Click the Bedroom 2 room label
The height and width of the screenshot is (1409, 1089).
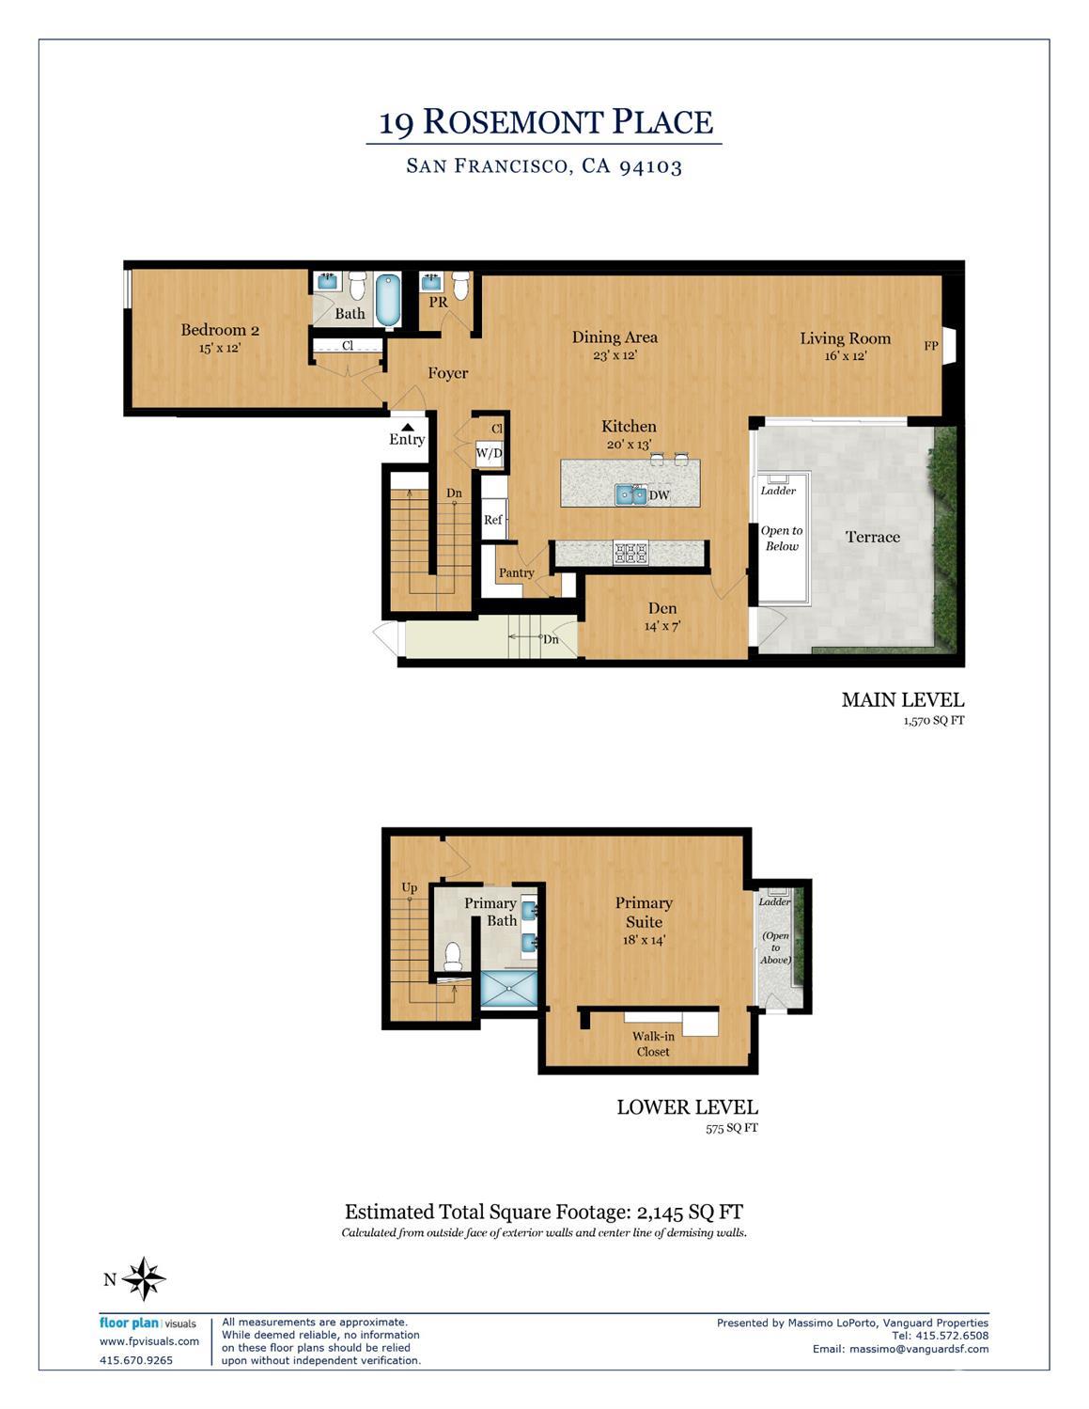(220, 330)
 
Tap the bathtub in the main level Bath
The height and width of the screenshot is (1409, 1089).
(388, 299)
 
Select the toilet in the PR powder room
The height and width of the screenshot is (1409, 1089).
(460, 284)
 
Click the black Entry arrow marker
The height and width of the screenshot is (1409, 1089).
(407, 427)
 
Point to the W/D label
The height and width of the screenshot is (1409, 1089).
(489, 453)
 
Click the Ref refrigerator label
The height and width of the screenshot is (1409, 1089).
(492, 520)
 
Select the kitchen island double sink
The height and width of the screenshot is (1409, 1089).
(630, 494)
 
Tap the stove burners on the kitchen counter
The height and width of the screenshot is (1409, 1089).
(630, 553)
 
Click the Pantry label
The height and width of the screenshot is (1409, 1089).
(516, 572)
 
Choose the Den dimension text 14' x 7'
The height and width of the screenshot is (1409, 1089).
(662, 626)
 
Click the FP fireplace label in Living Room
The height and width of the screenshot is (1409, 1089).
(931, 346)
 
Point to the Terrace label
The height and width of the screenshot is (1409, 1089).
(872, 537)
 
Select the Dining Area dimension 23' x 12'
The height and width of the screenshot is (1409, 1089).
(615, 355)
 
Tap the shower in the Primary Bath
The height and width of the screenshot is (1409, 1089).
(509, 989)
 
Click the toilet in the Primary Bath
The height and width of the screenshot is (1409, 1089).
(453, 955)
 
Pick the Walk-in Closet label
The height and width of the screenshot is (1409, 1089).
(653, 1043)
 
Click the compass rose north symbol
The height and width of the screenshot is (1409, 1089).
(144, 1278)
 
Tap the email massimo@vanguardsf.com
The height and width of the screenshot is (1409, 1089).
(919, 1349)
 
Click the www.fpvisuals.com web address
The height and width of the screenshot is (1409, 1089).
(149, 1341)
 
